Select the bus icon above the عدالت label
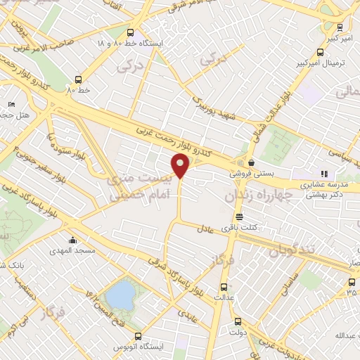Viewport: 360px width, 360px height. tap(224, 287)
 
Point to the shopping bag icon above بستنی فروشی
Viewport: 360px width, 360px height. tap(251, 162)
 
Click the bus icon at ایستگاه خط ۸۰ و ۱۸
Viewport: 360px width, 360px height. tap(129, 32)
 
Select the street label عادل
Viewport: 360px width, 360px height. tap(205, 229)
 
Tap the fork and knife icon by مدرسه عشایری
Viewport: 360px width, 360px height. tap(323, 174)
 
